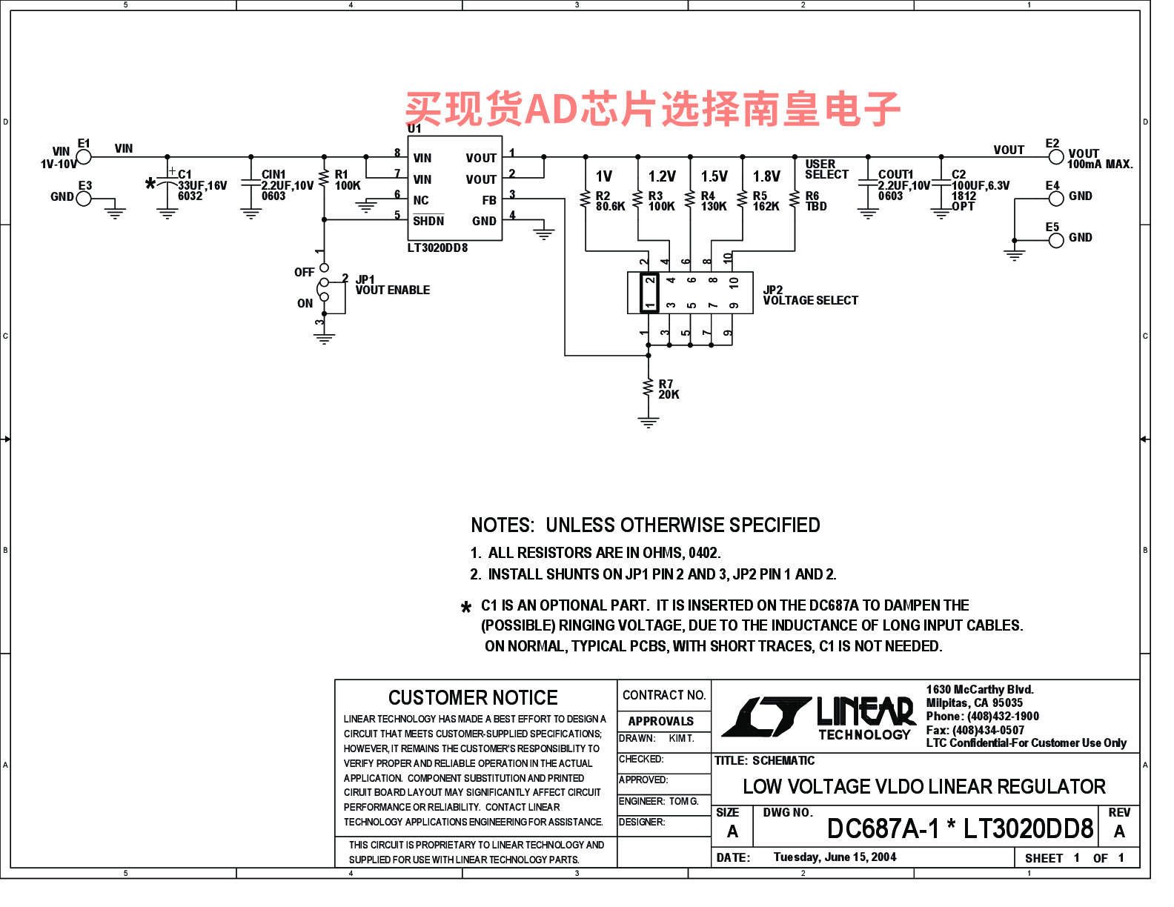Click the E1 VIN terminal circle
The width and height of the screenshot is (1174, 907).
tap(84, 157)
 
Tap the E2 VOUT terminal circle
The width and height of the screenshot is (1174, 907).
tap(1055, 157)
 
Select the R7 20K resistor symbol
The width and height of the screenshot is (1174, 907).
tap(649, 388)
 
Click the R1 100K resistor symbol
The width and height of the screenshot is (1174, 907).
tap(324, 178)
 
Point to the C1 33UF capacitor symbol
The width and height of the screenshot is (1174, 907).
tap(168, 184)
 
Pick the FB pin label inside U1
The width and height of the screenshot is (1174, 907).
tap(489, 200)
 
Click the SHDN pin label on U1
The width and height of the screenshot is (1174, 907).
tap(428, 220)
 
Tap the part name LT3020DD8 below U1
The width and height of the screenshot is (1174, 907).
tap(437, 248)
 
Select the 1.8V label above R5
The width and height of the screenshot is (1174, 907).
tap(766, 176)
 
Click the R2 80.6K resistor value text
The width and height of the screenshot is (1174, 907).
tap(611, 206)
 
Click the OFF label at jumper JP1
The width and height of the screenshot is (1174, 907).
tap(304, 272)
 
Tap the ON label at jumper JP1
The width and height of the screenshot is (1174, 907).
tap(305, 304)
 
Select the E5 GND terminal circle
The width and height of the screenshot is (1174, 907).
tap(1055, 240)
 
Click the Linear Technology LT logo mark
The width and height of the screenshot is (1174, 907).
tap(766, 717)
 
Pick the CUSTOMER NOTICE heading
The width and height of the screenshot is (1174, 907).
tap(473, 697)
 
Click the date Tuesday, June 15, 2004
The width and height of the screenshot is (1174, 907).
tap(835, 857)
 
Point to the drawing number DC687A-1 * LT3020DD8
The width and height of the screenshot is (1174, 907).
tap(960, 828)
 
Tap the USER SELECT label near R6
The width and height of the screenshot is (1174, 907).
tap(826, 169)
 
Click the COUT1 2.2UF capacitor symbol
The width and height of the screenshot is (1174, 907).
tap(868, 184)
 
